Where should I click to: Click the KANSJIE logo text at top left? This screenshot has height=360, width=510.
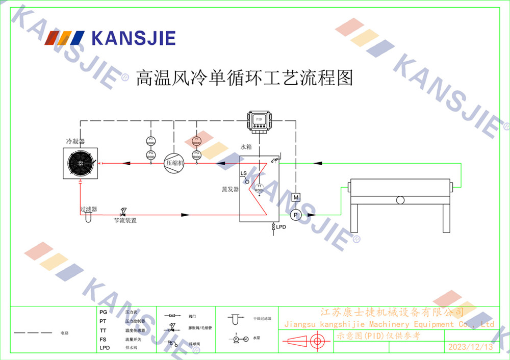click(x=133, y=38)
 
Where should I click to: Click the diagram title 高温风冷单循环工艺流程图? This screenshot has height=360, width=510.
click(x=244, y=78)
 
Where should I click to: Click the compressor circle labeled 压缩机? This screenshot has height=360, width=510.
click(x=173, y=163)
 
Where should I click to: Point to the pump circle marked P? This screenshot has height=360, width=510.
click(x=295, y=215)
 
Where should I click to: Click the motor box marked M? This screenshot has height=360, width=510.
click(x=296, y=197)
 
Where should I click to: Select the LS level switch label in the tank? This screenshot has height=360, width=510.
click(x=244, y=174)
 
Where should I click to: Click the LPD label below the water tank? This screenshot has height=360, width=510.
click(x=281, y=226)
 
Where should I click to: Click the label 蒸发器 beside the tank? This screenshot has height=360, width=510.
click(x=230, y=189)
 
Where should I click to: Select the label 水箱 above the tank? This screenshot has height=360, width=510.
click(x=246, y=147)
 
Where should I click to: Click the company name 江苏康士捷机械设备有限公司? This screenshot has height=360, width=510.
click(x=392, y=312)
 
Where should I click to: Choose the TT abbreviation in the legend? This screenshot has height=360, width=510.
click(x=103, y=330)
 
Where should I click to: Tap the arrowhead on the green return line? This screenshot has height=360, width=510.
click(x=318, y=163)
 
